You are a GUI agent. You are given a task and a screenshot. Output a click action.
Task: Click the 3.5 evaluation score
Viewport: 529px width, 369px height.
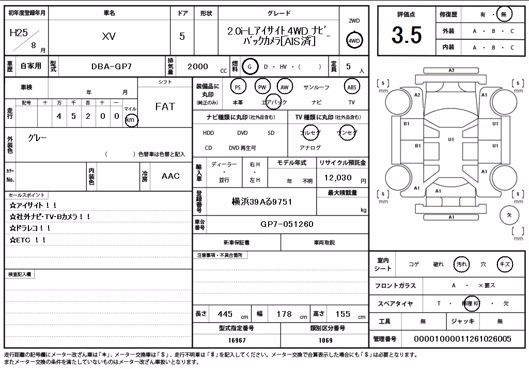pyautogui.click(x=407, y=35)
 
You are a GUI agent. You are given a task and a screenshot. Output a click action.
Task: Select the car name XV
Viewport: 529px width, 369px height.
pyautogui.click(x=109, y=36)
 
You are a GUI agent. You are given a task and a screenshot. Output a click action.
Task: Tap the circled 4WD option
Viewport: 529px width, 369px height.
pyautogui.click(x=354, y=41)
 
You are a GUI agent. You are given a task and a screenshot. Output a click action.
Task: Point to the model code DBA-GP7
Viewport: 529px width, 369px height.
pyautogui.click(x=112, y=67)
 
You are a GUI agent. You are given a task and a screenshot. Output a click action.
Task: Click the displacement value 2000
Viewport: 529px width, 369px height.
pyautogui.click(x=198, y=67)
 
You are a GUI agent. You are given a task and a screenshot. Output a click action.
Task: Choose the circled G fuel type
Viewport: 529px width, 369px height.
pyautogui.click(x=250, y=67)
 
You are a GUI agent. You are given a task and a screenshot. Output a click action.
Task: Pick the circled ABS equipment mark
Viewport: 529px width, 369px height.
pyautogui.click(x=352, y=87)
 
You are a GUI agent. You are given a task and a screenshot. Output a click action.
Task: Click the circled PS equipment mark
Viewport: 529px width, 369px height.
pyautogui.click(x=238, y=87)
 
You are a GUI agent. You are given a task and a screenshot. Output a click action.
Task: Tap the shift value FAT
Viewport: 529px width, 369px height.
pyautogui.click(x=165, y=106)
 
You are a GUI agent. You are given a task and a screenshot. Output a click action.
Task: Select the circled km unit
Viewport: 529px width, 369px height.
pyautogui.click(x=131, y=120)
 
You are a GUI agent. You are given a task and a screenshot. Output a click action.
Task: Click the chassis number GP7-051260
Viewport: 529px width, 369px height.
pyautogui.click(x=287, y=224)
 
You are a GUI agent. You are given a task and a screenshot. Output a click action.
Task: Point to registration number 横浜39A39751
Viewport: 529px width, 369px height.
pyautogui.click(x=262, y=202)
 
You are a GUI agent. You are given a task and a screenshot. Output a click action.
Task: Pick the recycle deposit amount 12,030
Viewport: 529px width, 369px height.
pyautogui.click(x=338, y=178)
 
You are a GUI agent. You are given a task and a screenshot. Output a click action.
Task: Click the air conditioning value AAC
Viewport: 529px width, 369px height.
pyautogui.click(x=170, y=176)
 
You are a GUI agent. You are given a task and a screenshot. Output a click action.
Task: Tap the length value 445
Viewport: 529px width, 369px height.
pyautogui.click(x=225, y=314)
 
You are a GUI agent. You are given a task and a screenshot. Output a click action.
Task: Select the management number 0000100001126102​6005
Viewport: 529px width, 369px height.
pyautogui.click(x=462, y=339)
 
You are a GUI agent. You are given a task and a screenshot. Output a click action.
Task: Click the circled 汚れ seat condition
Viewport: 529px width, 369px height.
pyautogui.click(x=461, y=264)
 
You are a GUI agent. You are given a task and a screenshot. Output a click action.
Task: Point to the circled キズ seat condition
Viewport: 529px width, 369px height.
pyautogui.click(x=505, y=264)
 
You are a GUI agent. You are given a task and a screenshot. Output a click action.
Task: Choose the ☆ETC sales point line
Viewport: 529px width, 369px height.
pyautogui.click(x=28, y=240)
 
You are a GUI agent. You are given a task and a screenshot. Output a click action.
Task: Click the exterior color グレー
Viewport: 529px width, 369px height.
pyautogui.click(x=37, y=138)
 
